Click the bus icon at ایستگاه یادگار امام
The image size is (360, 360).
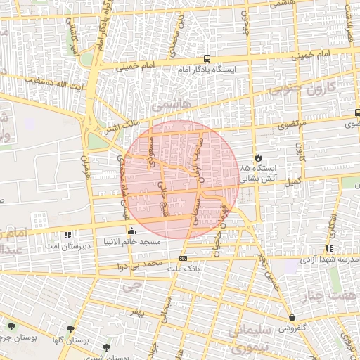(x=207, y=59)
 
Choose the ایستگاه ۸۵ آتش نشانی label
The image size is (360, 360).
(x=261, y=174)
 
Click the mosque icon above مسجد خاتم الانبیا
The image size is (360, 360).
(x=132, y=231)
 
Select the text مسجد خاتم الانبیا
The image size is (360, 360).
(x=132, y=241)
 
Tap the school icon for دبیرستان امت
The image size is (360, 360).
(x=67, y=234)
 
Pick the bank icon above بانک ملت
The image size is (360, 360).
(x=184, y=257)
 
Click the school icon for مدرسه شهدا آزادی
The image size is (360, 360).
(x=329, y=248)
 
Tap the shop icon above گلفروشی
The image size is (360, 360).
(x=292, y=317)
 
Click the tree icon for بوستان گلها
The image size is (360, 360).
(x=70, y=329)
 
